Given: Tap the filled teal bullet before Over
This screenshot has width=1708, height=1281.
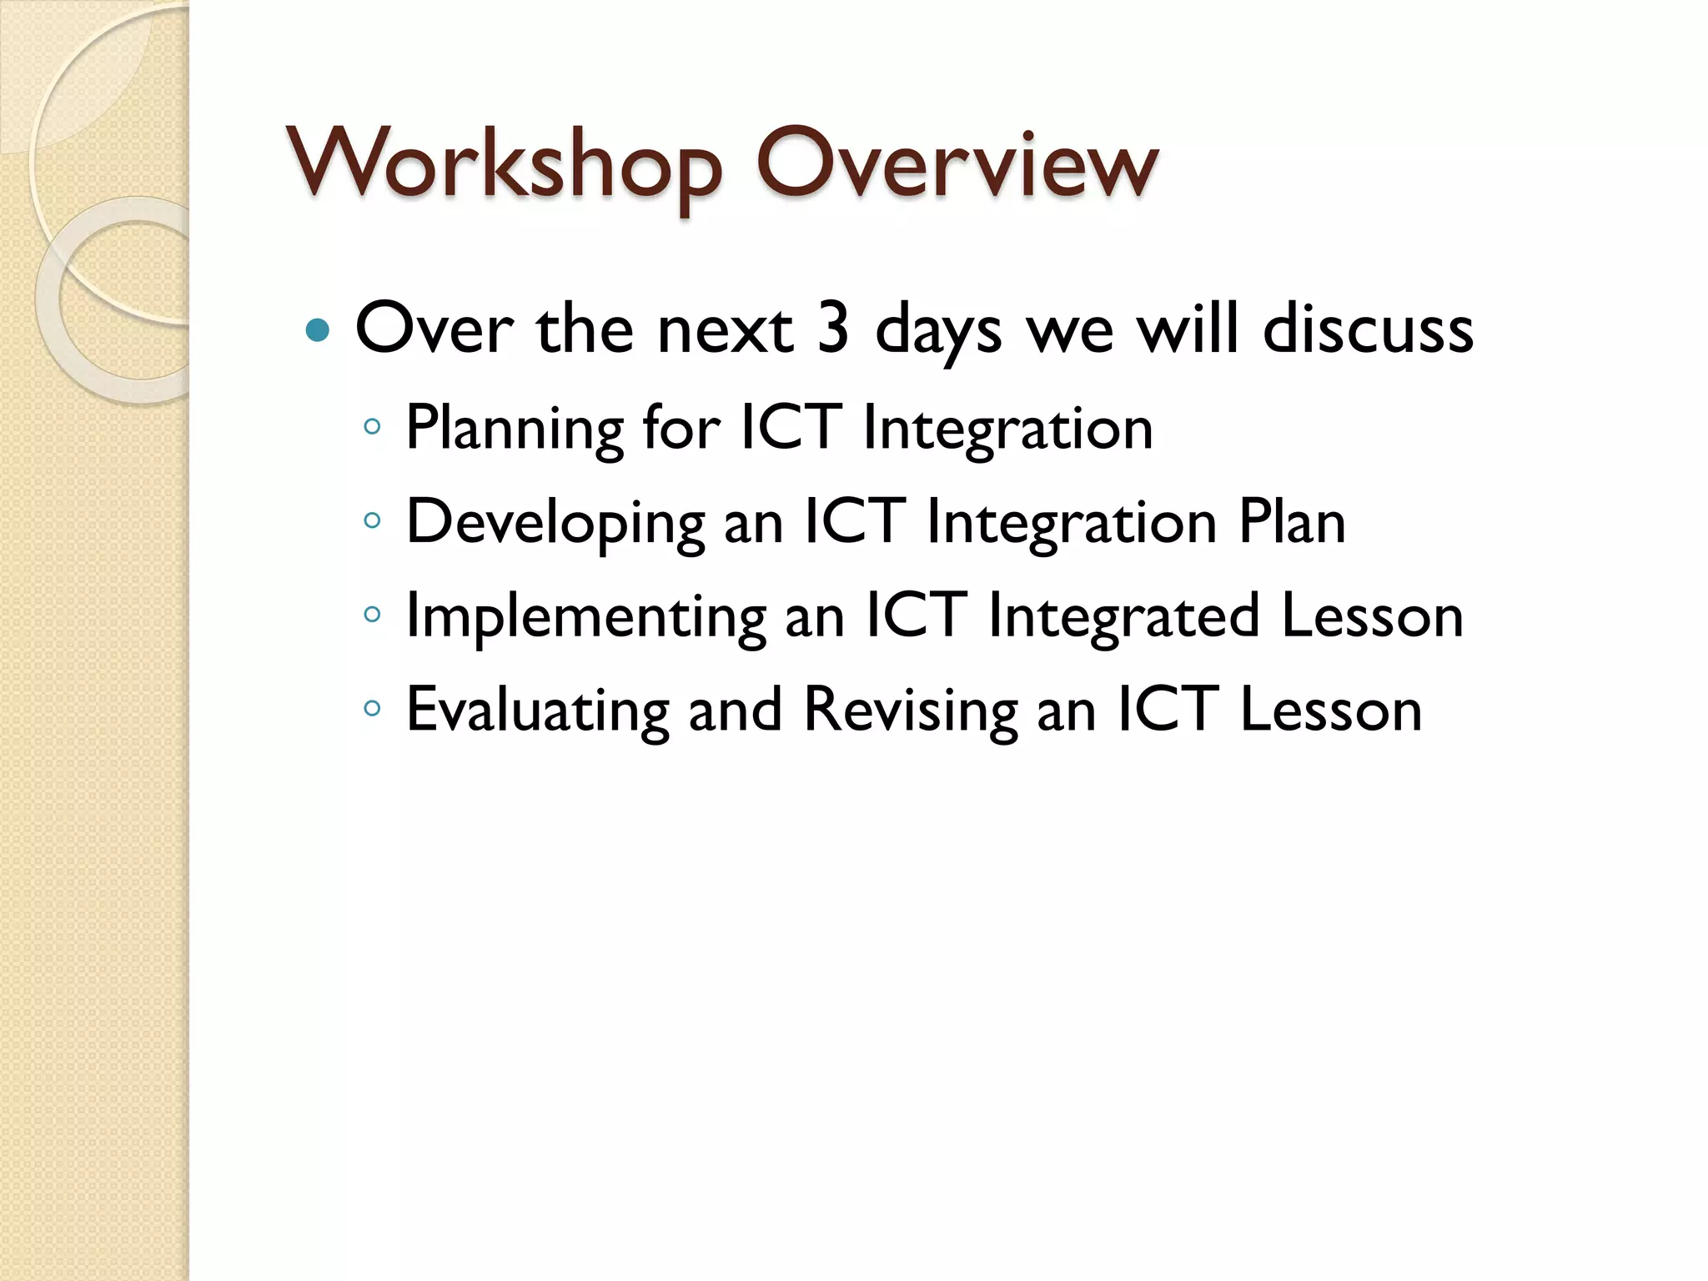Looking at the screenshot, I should [x=318, y=331].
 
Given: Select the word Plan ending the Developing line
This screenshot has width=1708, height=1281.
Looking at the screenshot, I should [x=1292, y=522].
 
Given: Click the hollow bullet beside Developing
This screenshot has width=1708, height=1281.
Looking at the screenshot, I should [x=372, y=522].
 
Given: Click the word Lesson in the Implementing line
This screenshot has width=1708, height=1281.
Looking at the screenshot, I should [x=1372, y=616].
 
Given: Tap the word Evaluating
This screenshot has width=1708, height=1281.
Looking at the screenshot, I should [x=537, y=711].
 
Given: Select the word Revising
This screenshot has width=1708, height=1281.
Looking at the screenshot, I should [x=910, y=711].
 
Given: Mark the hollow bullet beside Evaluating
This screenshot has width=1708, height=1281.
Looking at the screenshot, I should [x=372, y=710].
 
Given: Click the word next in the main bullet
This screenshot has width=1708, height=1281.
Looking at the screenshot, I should [x=725, y=330].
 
